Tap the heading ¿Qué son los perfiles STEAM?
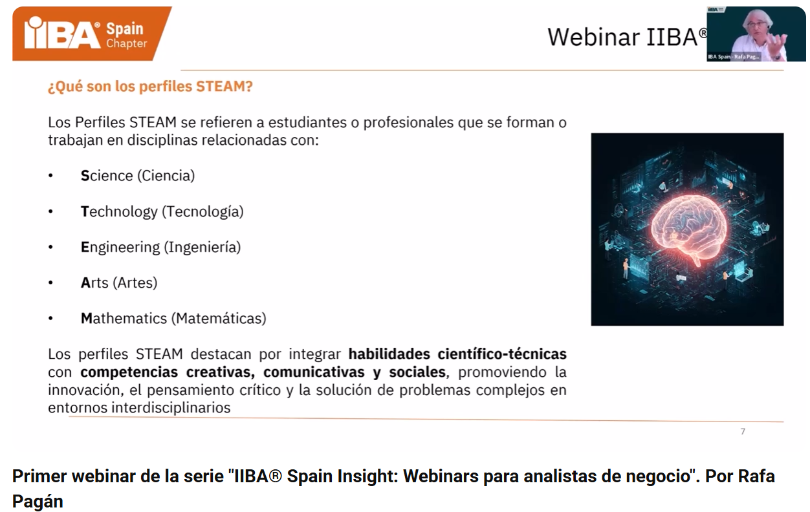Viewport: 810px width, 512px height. click(x=150, y=87)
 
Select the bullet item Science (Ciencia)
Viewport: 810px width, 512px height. click(x=138, y=176)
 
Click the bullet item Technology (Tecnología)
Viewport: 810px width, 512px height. click(x=162, y=212)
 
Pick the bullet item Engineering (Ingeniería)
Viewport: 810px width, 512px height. click(x=160, y=248)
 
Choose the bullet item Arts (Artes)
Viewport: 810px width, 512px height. click(x=119, y=283)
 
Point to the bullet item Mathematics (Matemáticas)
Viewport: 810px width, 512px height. click(x=173, y=319)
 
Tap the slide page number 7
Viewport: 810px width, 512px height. click(x=743, y=431)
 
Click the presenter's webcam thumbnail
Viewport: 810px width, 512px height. click(x=756, y=34)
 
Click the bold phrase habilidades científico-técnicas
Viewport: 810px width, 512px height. click(x=457, y=354)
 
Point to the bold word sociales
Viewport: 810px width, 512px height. click(x=417, y=372)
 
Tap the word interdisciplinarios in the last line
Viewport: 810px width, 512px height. click(x=171, y=408)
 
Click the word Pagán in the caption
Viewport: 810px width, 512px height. click(x=38, y=502)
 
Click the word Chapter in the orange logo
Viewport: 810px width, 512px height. click(x=127, y=43)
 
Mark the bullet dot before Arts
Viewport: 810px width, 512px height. click(x=50, y=283)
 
